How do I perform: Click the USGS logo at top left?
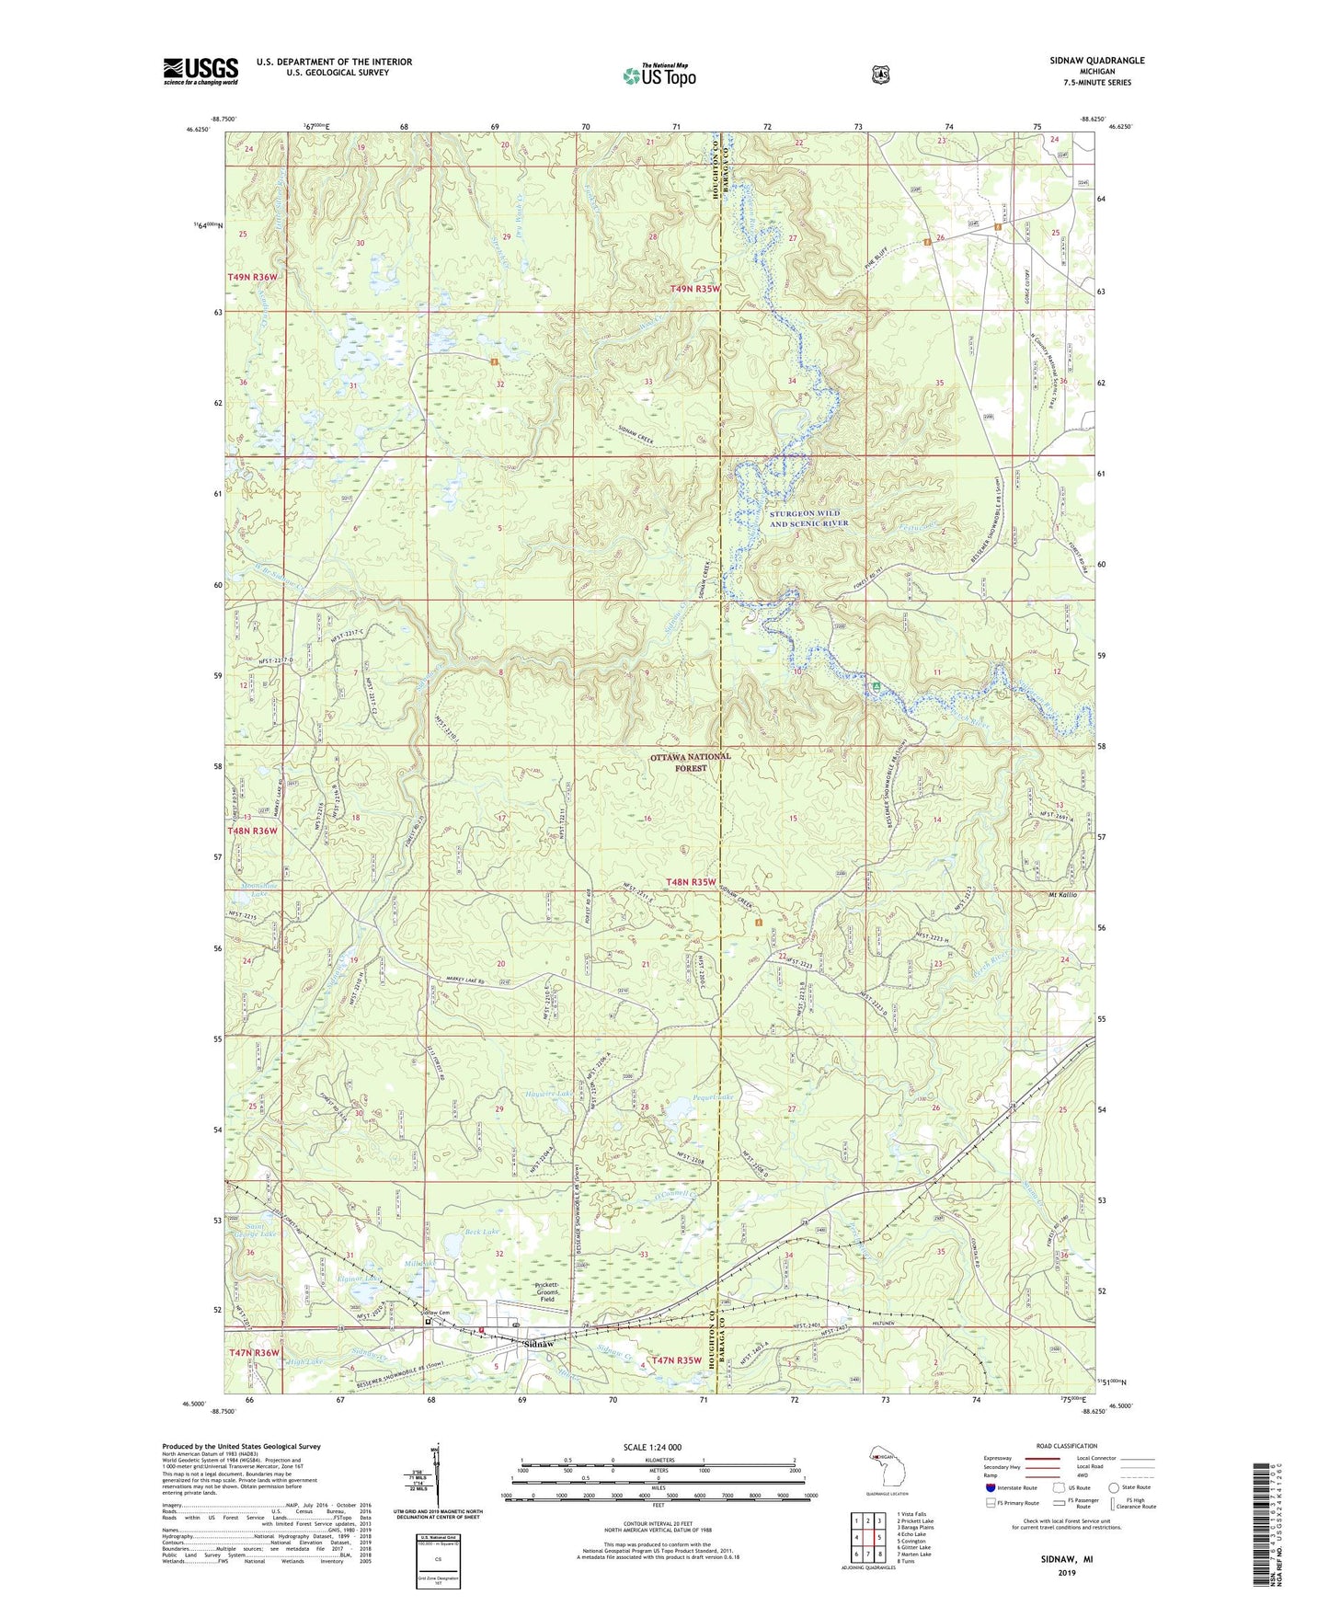click(200, 71)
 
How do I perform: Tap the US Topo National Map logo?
click(659, 75)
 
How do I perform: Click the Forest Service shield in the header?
click(880, 75)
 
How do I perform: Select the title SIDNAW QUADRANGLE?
click(1097, 60)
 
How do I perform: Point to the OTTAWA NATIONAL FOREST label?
click(691, 762)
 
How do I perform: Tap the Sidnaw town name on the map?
click(538, 1344)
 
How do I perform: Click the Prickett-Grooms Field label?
click(547, 1292)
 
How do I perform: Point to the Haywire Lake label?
click(549, 1094)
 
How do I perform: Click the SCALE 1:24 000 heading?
click(652, 1447)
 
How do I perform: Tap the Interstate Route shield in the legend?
click(990, 1487)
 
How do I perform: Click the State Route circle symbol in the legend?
click(1114, 1487)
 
